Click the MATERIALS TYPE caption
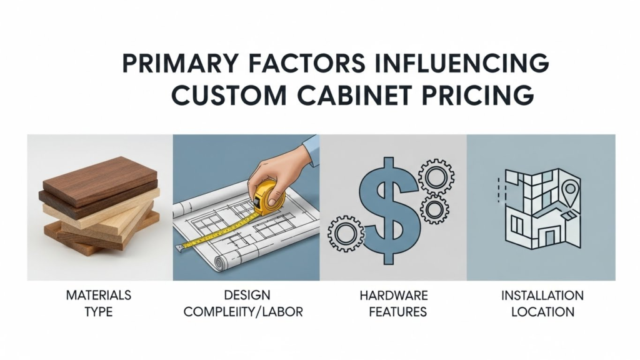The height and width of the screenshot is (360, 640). (x=99, y=303)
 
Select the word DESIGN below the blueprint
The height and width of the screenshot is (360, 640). (x=247, y=295)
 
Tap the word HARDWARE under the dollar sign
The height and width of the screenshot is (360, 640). (x=394, y=295)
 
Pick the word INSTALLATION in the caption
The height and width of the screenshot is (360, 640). (x=542, y=295)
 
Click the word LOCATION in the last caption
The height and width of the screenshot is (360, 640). (x=543, y=312)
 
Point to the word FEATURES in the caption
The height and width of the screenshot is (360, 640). (x=398, y=312)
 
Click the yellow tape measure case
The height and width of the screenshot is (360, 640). (x=269, y=198)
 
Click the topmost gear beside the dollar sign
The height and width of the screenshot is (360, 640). (x=436, y=177)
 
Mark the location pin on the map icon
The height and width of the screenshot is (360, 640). (x=570, y=191)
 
